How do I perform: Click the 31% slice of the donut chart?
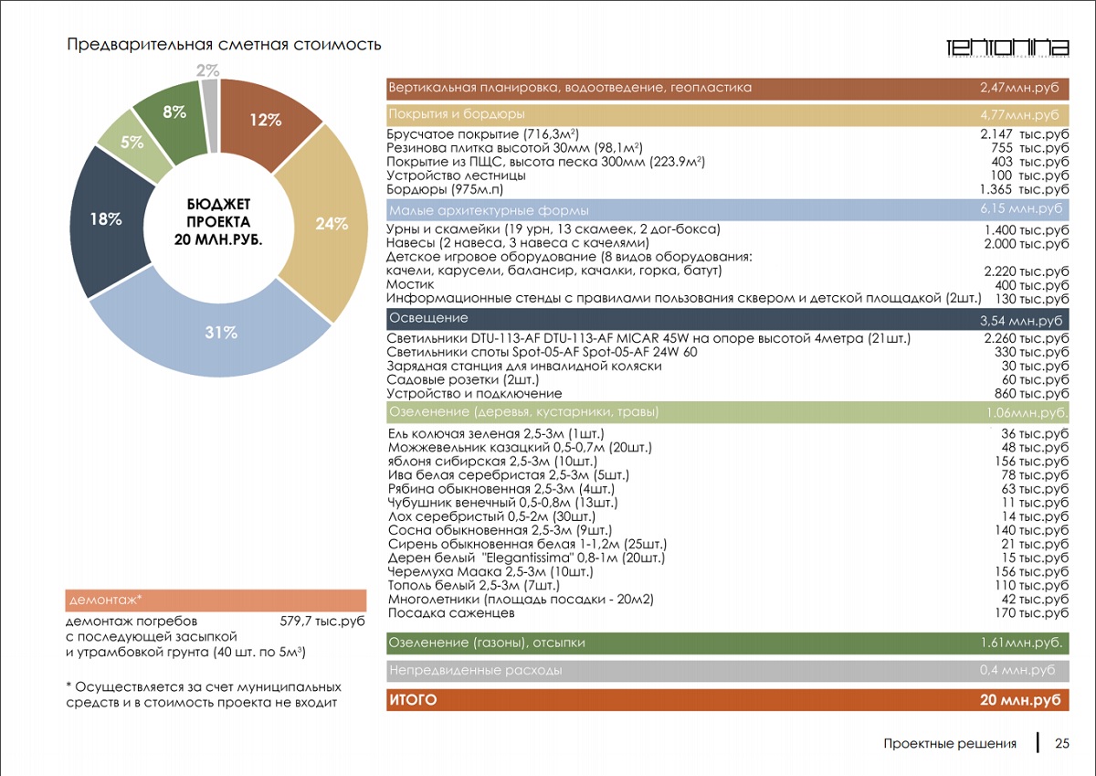click(x=220, y=334)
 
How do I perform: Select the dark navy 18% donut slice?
click(x=107, y=219)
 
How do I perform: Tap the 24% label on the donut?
click(x=332, y=223)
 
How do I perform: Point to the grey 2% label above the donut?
click(x=207, y=70)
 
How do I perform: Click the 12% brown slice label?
click(x=265, y=119)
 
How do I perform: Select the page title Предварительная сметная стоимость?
click(x=224, y=44)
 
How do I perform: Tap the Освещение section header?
click(x=428, y=318)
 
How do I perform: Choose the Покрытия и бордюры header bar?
click(x=457, y=114)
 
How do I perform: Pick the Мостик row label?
click(x=411, y=285)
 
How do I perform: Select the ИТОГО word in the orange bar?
click(x=413, y=700)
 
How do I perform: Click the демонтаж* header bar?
click(x=216, y=601)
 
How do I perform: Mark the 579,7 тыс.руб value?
click(x=321, y=621)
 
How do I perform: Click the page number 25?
click(x=1062, y=743)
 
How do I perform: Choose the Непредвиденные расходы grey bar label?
click(x=475, y=670)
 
